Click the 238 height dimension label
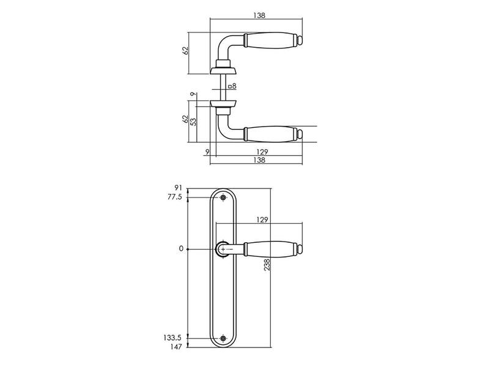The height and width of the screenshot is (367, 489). (x=267, y=265)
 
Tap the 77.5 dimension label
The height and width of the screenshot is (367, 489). (x=175, y=197)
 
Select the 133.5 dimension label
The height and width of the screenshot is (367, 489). (x=172, y=338)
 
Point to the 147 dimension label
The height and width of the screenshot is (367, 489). (x=176, y=347)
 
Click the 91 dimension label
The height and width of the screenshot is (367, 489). (x=178, y=188)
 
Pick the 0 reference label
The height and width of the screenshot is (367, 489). (x=181, y=249)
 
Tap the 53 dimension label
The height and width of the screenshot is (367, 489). (x=194, y=122)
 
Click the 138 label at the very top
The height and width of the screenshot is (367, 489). (x=259, y=15)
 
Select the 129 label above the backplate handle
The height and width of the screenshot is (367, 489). (x=262, y=220)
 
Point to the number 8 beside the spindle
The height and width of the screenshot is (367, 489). (x=234, y=86)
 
